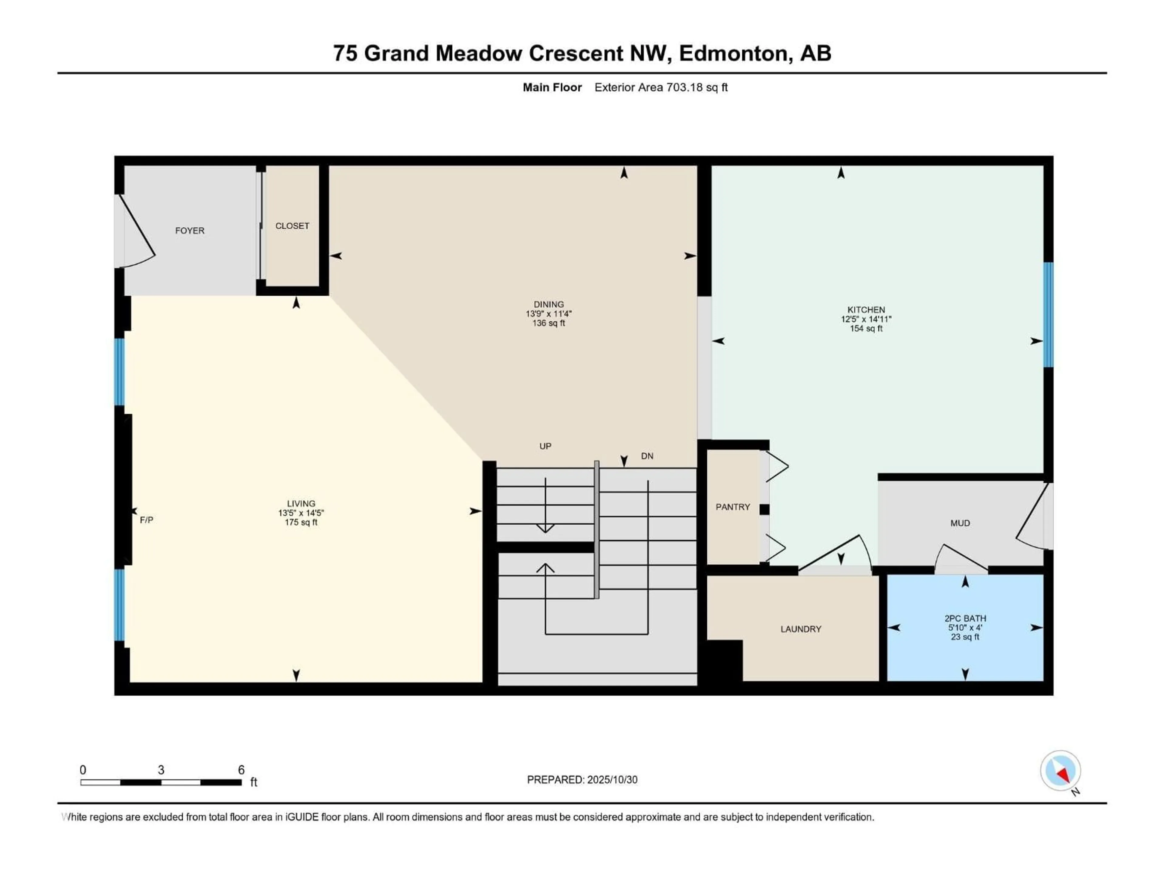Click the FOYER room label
(190, 231)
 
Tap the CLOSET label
(292, 226)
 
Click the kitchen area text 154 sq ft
(866, 329)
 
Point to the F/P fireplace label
(147, 520)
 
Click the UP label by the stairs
(545, 446)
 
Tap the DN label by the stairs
(647, 456)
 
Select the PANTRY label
(733, 507)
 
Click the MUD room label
(960, 523)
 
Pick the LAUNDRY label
(801, 629)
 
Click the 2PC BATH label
(965, 618)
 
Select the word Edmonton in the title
(735, 53)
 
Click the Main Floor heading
(552, 87)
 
